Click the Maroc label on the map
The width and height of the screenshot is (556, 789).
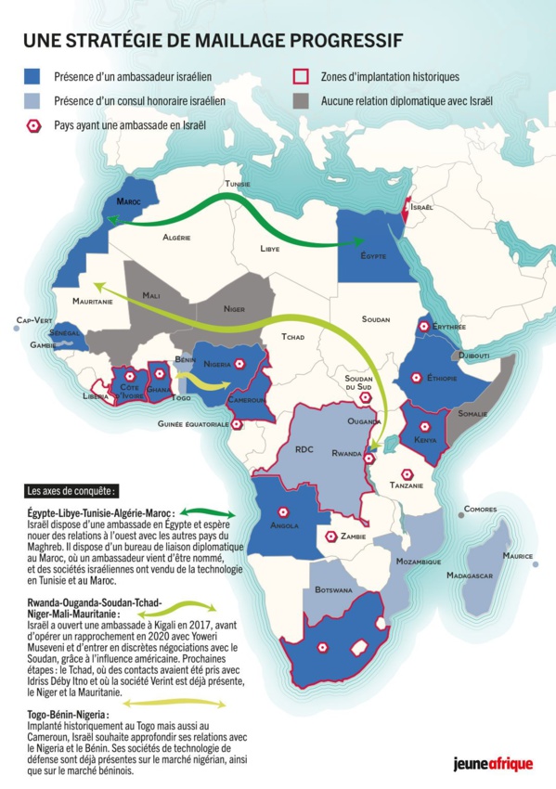(x=128, y=200)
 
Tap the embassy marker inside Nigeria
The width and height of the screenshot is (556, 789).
(x=239, y=364)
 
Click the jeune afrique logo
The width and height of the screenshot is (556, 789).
(x=492, y=765)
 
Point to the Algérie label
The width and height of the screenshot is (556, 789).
(x=177, y=239)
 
